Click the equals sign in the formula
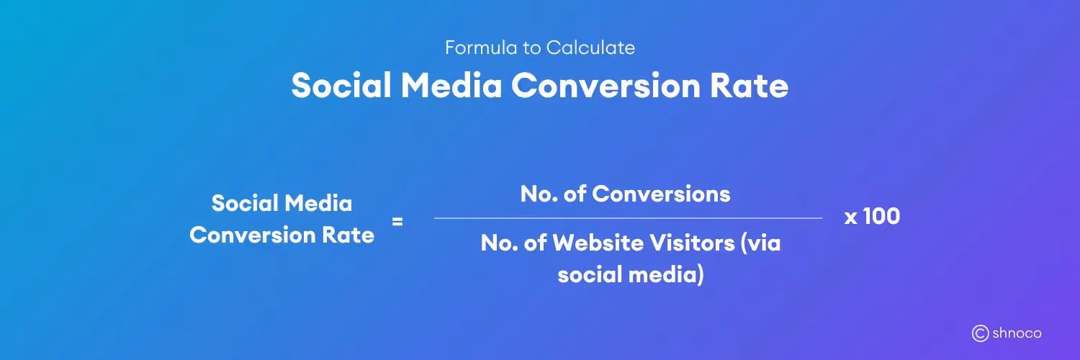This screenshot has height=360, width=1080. pos(397,222)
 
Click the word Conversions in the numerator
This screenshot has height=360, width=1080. pos(661,194)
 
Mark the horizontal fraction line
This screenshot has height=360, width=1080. pos(628,217)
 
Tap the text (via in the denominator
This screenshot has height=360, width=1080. pos(760,243)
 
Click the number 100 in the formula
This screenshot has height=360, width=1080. pos(881,217)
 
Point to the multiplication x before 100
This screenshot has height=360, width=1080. pos(850,217)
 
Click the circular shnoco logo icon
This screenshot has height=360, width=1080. pos(980,333)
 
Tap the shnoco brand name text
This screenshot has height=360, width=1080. pos(1017,333)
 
